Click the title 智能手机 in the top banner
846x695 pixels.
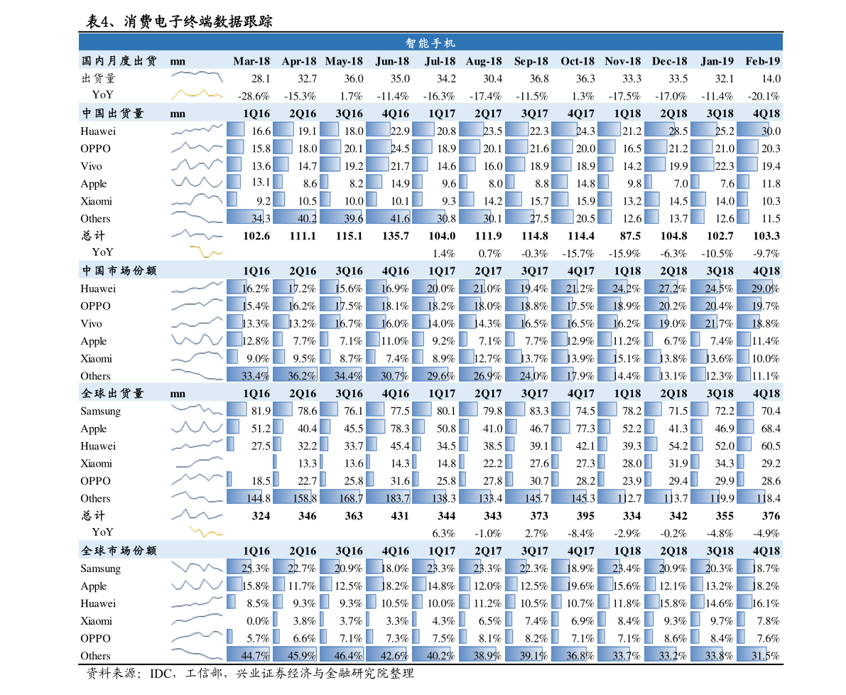coord(430,43)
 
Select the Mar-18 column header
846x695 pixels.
coord(251,61)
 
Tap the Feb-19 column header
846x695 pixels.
coord(763,61)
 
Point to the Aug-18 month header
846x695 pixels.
coord(484,61)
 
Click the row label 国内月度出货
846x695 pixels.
coord(119,61)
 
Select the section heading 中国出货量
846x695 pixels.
coord(113,113)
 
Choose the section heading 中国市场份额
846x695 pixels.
coord(119,271)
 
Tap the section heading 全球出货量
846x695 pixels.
coord(113,393)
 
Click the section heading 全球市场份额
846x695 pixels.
coord(119,551)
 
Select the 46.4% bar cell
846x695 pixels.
coord(342,655)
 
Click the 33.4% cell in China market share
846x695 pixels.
coord(248,375)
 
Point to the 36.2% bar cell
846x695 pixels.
coord(295,375)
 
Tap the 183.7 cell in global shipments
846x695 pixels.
coord(388,498)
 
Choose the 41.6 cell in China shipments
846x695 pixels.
coord(388,218)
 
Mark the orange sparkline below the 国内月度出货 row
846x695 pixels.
coord(197,93)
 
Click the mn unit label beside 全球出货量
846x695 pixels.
coord(178,393)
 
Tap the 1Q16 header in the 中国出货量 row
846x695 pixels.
coord(256,113)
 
